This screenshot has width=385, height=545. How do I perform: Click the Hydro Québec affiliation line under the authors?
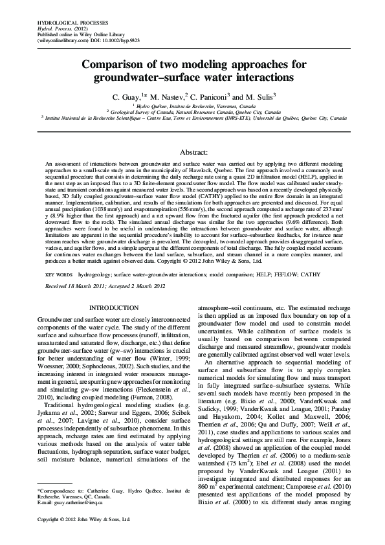(192, 105)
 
